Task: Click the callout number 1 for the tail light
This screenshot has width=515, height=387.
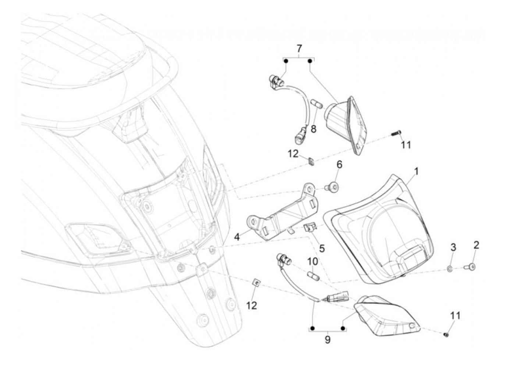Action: coord(416,171)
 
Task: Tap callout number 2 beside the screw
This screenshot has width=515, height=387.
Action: coord(476,245)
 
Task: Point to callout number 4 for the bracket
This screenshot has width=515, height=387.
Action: coord(237,237)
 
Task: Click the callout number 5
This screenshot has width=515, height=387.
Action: coord(322,248)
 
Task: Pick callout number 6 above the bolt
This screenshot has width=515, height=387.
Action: coord(339,164)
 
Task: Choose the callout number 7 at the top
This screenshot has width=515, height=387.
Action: coord(299,48)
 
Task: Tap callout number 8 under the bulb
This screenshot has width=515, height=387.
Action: coord(313,129)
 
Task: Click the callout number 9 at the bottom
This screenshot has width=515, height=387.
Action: coord(327,340)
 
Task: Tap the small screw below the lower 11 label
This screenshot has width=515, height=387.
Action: coord(446,334)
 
